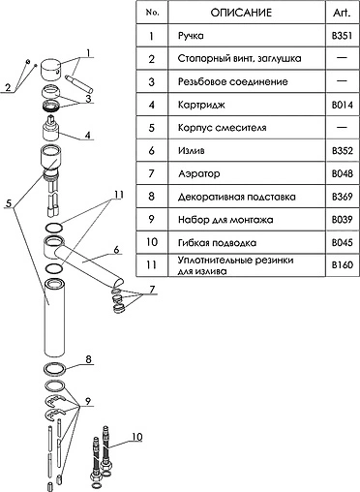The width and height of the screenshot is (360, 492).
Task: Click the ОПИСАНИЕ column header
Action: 241,13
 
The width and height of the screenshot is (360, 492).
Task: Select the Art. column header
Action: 342,13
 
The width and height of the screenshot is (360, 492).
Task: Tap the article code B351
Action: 342,36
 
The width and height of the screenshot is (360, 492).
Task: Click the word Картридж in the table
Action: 201,106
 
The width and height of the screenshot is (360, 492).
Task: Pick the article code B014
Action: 343,105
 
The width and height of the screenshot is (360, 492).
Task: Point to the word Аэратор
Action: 199,173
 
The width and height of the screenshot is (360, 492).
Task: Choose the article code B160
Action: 343,265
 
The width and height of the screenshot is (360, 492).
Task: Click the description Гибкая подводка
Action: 217,243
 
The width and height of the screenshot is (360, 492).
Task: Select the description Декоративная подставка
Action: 237,197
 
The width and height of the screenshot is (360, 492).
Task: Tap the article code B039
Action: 343,220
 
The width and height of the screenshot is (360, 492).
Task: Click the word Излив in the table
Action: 191,151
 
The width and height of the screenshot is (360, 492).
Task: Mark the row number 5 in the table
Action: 152,128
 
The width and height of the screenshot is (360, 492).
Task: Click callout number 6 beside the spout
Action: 116,250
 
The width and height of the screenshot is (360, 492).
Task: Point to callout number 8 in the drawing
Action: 88,359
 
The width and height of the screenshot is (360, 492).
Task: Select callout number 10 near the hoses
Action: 137,437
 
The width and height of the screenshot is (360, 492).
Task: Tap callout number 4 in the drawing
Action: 88,135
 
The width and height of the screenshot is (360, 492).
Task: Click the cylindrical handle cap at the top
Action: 50,69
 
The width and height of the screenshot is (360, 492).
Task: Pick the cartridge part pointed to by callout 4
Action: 50,129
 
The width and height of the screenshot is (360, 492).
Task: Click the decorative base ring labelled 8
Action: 55,369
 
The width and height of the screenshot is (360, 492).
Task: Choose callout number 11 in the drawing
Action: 118,195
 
